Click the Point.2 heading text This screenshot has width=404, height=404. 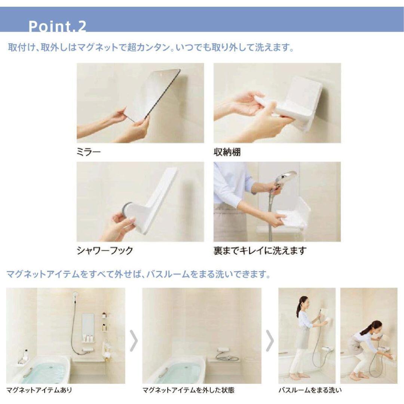pyautogui.click(x=57, y=26)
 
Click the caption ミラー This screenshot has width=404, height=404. pyautogui.click(x=88, y=152)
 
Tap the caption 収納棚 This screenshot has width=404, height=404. pyautogui.click(x=227, y=152)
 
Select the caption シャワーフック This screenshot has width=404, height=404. pyautogui.click(x=105, y=250)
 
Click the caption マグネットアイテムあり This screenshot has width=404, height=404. pyautogui.click(x=39, y=390)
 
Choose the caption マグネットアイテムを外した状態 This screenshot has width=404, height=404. pyautogui.click(x=188, y=390)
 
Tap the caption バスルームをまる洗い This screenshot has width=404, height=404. pyautogui.click(x=310, y=390)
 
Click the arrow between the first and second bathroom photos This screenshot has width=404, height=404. pyautogui.click(x=134, y=340)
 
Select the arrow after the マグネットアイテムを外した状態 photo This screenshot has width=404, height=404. pyautogui.click(x=270, y=340)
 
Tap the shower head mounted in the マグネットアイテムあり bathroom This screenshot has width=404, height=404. pyautogui.click(x=75, y=294)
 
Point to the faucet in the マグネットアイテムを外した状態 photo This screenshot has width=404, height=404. pyautogui.click(x=223, y=350)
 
